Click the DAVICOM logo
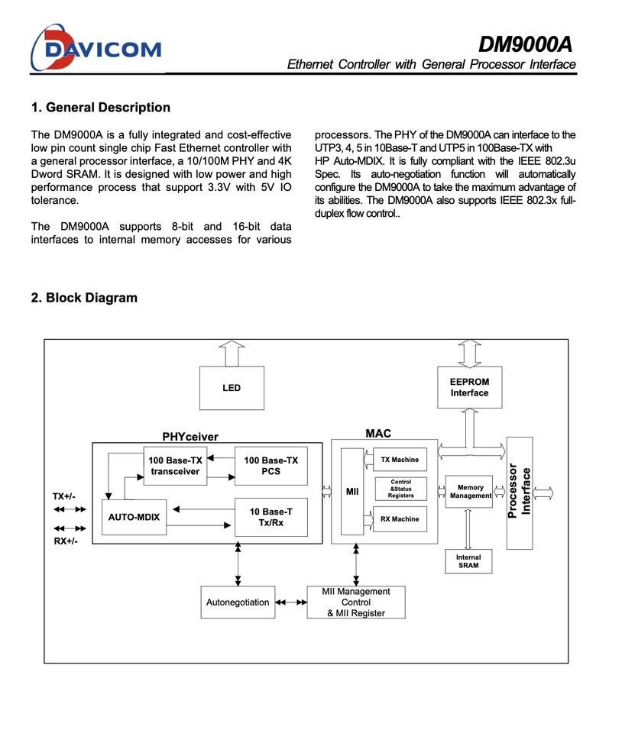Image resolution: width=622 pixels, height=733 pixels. pos(96,48)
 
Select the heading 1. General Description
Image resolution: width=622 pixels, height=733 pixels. pos(100,108)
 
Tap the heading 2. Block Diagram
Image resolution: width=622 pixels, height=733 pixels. pos(84,298)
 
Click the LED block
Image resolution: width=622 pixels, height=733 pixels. pos(232,388)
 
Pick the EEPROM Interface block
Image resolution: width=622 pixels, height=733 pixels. pos(469,387)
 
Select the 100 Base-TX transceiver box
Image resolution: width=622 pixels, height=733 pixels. pos(175,466)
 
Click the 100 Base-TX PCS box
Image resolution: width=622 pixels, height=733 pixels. pos(271,466)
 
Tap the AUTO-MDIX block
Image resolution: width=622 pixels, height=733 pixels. pos(134,517)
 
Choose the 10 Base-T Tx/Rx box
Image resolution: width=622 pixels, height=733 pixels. pos(271,517)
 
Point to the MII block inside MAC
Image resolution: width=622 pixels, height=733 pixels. pos(352,492)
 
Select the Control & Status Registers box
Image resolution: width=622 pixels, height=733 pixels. pos(400,489)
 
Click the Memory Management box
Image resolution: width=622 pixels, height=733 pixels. pos(470,492)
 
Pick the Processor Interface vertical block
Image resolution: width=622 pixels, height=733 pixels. pos(520,492)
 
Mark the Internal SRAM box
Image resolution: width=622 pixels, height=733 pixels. pos(468,562)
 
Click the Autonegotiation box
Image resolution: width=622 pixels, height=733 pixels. pos(238,602)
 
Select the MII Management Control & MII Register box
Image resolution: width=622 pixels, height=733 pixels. pos(355,602)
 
